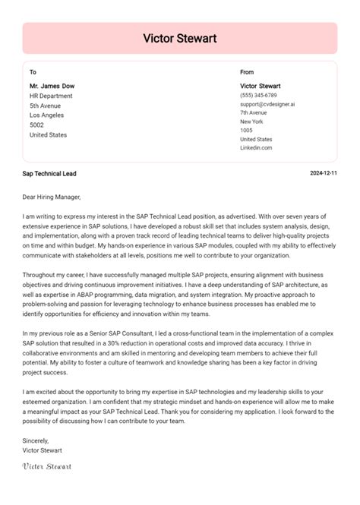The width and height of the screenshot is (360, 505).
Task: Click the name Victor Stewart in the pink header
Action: tap(180, 37)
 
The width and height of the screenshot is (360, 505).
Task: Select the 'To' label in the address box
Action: tap(33, 72)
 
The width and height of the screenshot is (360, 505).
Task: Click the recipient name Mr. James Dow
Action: tap(52, 86)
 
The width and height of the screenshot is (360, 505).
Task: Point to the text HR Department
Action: tap(52, 96)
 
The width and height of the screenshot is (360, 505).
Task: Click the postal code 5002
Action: tap(36, 125)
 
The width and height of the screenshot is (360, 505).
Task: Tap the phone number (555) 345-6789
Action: tap(258, 95)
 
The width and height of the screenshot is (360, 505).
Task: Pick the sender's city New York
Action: tap(251, 122)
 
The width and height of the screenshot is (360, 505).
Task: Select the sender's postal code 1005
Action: tap(247, 131)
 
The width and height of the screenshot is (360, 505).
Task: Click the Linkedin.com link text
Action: tap(256, 148)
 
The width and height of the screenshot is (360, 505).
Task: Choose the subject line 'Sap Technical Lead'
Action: tap(49, 174)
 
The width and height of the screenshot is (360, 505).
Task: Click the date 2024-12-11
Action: tap(324, 174)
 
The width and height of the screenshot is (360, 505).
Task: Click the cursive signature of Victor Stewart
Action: tap(47, 465)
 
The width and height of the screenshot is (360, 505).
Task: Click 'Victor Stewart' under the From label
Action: tap(261, 86)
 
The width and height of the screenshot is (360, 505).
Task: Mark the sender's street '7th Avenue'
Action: tap(254, 112)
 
